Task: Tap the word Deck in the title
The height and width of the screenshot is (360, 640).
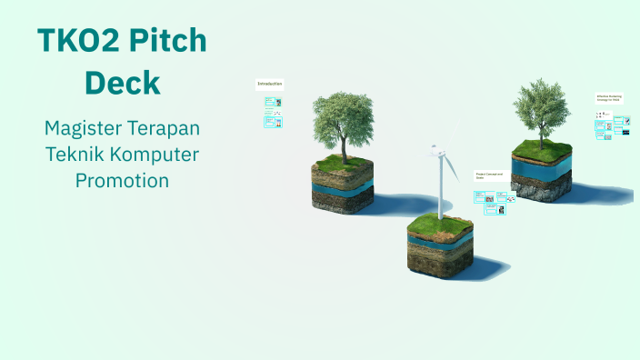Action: point(122,83)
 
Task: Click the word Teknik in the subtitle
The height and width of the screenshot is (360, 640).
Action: point(75,154)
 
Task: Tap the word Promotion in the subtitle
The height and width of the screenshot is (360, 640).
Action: point(122,180)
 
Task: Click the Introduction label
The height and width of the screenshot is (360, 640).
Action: point(270,84)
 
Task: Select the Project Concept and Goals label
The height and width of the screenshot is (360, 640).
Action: point(487,175)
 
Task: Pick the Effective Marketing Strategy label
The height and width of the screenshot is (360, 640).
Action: point(609,97)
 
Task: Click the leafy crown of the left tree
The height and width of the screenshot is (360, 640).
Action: point(342,114)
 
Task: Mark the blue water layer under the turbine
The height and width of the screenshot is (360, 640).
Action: point(439,243)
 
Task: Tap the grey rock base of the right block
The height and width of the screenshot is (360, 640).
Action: point(541,187)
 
